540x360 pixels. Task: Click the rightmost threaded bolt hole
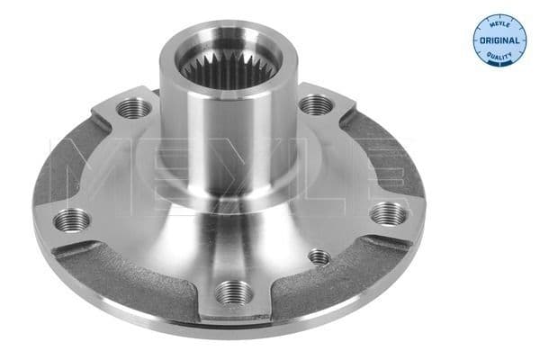[x=386, y=211]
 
